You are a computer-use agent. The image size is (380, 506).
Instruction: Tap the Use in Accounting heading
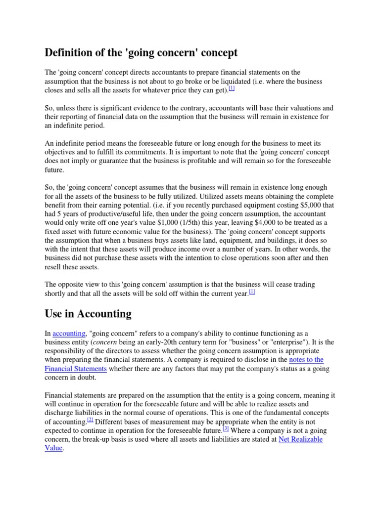(x=88, y=313)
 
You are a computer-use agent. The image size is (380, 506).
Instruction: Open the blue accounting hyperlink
(x=69, y=334)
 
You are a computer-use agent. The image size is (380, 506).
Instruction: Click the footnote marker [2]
(x=90, y=420)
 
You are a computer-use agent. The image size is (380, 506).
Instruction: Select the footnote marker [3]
(x=226, y=428)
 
